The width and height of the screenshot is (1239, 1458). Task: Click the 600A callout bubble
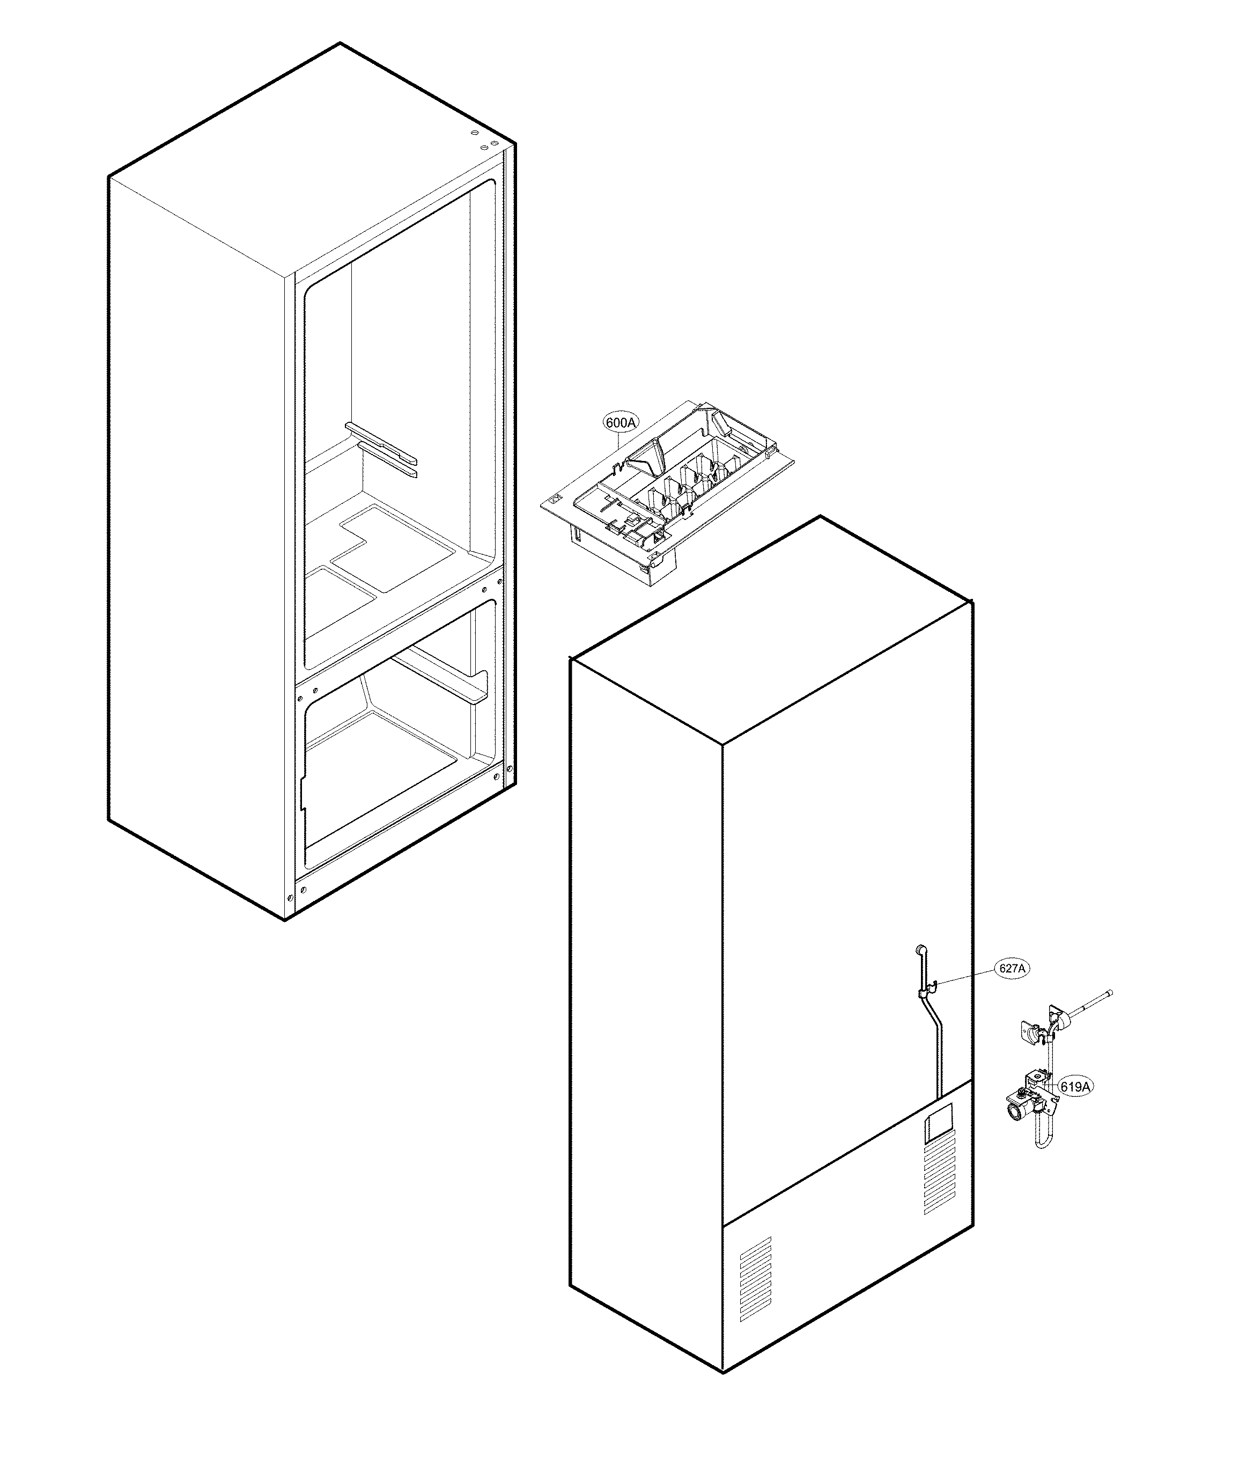click(x=620, y=422)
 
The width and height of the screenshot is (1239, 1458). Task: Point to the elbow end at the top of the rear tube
click(x=919, y=950)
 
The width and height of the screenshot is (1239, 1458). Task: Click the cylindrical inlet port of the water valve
click(x=1015, y=1131)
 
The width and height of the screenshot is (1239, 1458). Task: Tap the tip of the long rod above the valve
click(x=1109, y=993)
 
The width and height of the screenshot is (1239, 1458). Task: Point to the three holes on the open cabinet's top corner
click(x=485, y=141)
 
